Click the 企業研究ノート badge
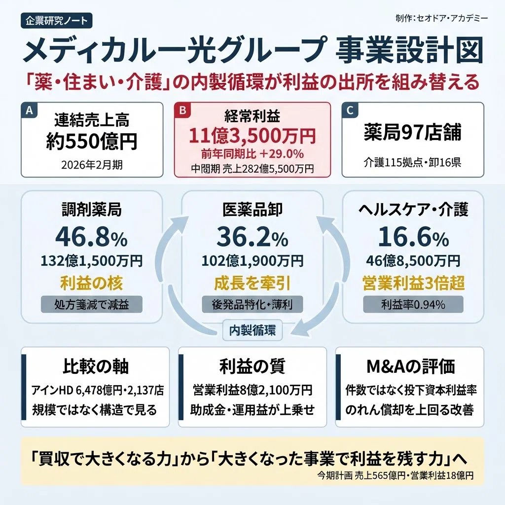(x=57, y=21)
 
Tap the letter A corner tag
(x=29, y=110)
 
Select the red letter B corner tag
(x=182, y=110)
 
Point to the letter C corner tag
(x=350, y=110)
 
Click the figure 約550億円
(x=92, y=141)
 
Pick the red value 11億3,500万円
(x=252, y=136)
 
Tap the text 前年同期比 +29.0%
(x=252, y=154)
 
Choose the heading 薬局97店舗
(x=413, y=132)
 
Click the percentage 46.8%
(x=91, y=237)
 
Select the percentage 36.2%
(x=252, y=237)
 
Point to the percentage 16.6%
(x=413, y=237)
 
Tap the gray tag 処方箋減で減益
(x=91, y=304)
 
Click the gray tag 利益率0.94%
(x=413, y=304)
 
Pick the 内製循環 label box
(x=252, y=330)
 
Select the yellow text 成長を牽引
(x=252, y=284)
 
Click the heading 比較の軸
(x=96, y=366)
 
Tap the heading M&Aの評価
(x=411, y=366)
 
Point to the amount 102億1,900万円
(x=252, y=260)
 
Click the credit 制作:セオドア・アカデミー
(x=441, y=18)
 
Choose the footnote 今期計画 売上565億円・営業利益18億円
(x=395, y=475)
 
